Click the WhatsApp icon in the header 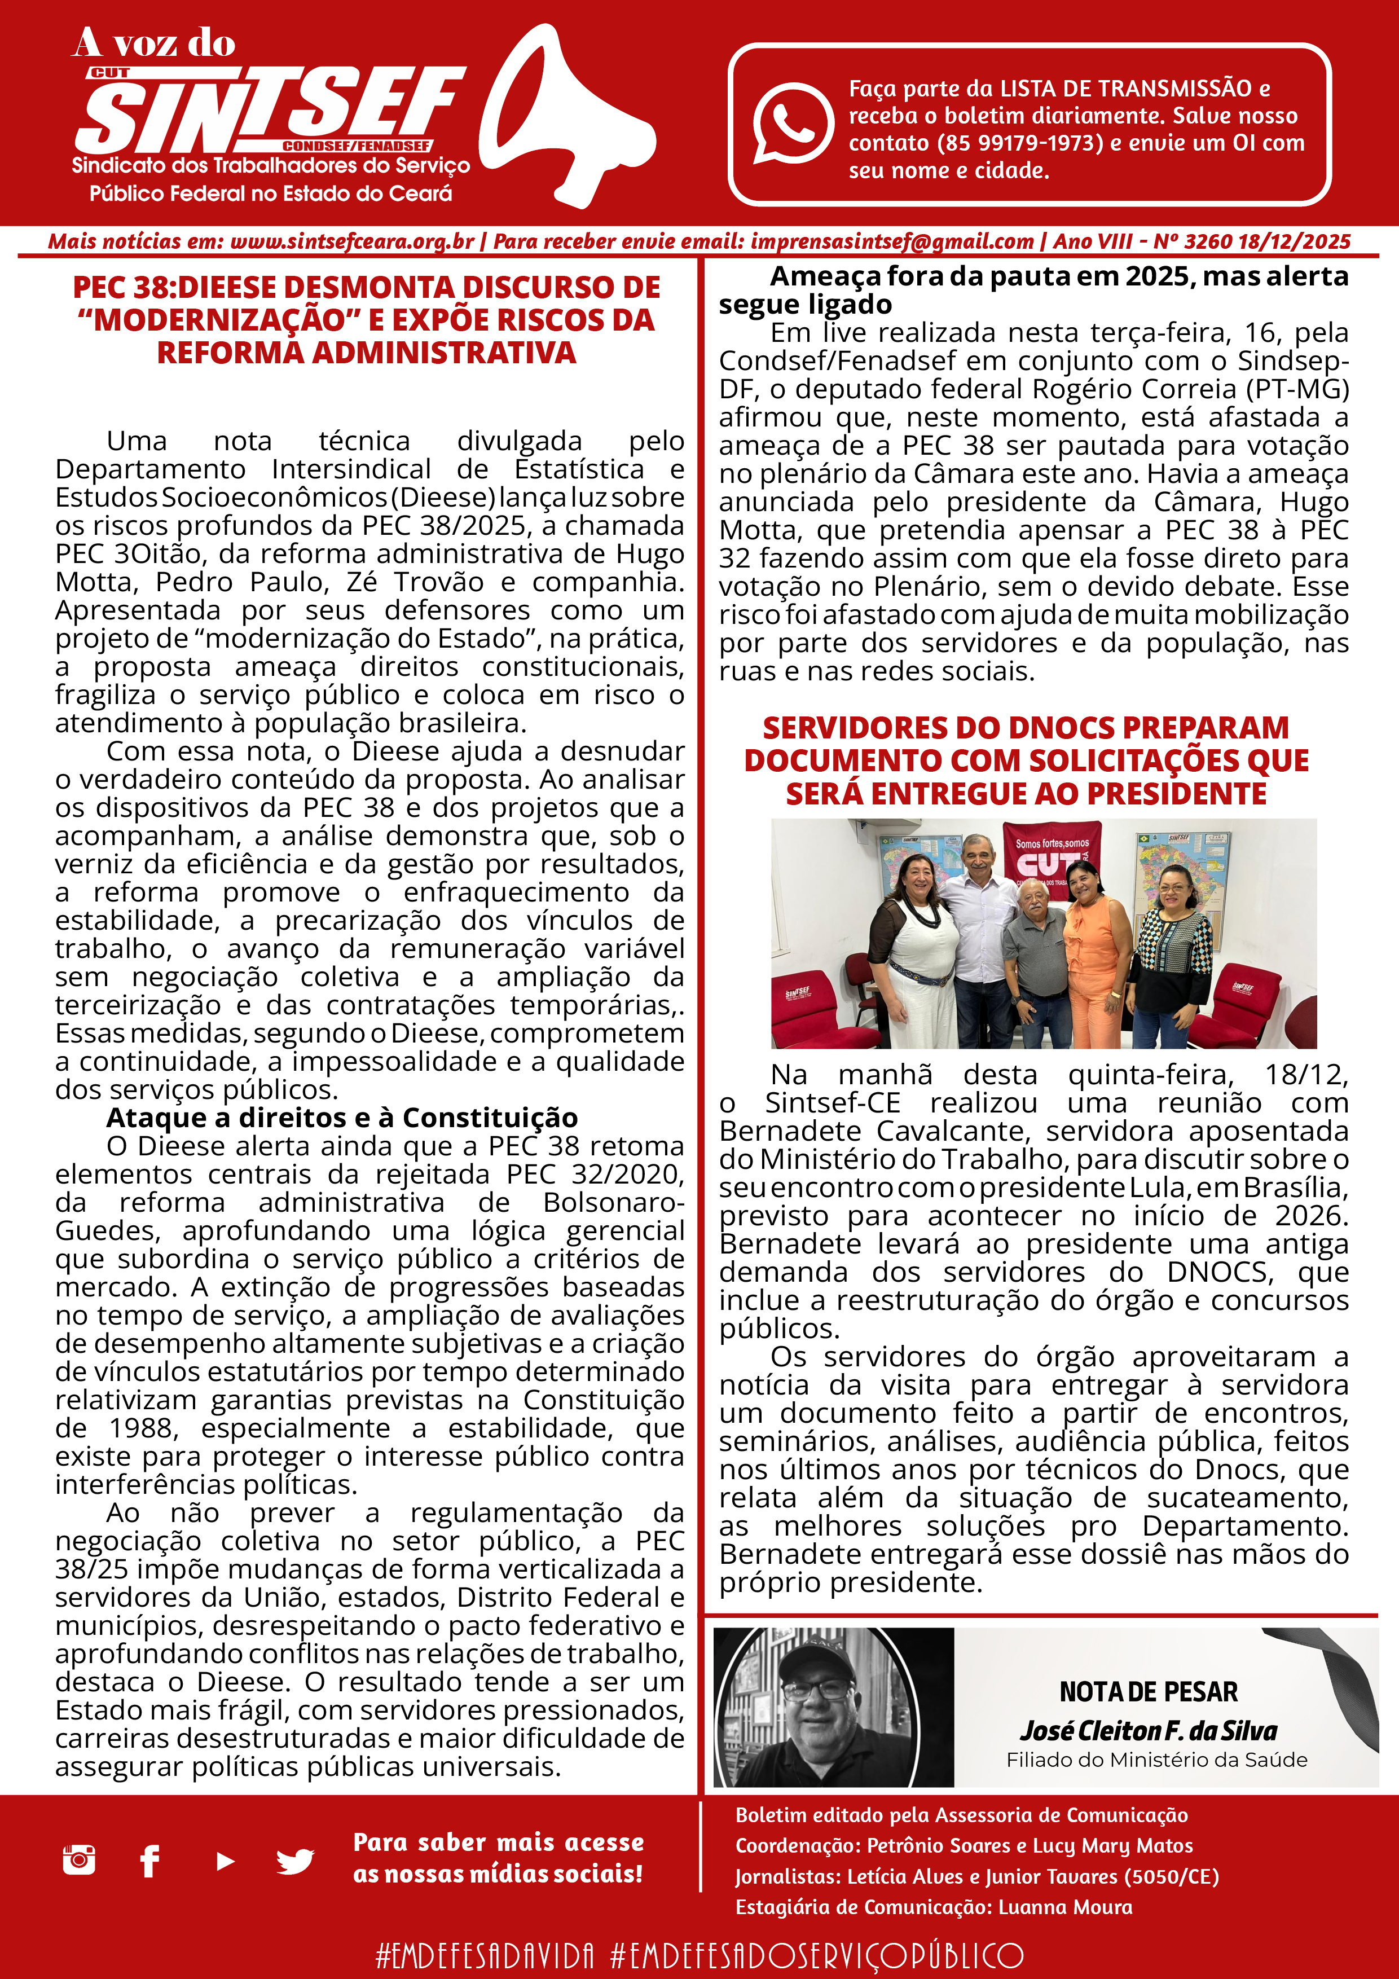[x=791, y=122]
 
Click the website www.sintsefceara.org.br [x=351, y=242]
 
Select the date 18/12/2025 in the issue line [x=1294, y=242]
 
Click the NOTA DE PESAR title [x=1148, y=1691]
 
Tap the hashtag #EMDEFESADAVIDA [x=485, y=1955]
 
